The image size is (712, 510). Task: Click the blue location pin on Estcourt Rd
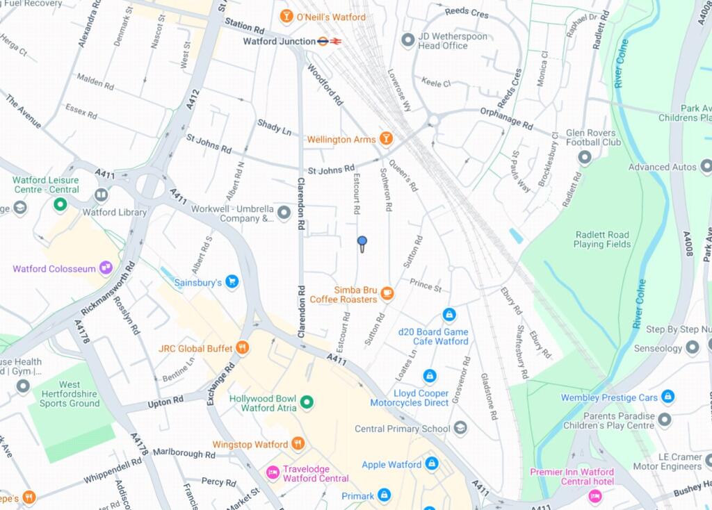(362, 242)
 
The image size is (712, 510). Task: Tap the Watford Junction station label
(279, 42)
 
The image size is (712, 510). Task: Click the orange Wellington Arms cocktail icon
(385, 139)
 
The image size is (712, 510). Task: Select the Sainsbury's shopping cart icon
(232, 282)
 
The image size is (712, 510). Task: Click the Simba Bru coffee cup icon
(387, 294)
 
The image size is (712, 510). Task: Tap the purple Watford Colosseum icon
(106, 268)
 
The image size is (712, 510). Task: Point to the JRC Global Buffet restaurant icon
(242, 348)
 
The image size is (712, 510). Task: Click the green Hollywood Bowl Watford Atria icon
(307, 402)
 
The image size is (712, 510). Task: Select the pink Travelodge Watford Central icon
(273, 472)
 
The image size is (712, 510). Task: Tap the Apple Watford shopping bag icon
(432, 463)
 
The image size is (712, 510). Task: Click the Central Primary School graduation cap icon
(460, 428)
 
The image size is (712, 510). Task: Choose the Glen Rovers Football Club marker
(584, 158)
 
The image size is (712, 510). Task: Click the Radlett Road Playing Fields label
(602, 240)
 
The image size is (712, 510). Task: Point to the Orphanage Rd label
(505, 119)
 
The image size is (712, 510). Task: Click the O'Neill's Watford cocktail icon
(286, 16)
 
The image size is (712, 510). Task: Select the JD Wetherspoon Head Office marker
(408, 40)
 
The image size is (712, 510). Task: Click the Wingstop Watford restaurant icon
(298, 443)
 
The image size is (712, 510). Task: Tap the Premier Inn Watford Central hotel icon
(594, 495)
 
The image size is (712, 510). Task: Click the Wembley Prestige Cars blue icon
(667, 397)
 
